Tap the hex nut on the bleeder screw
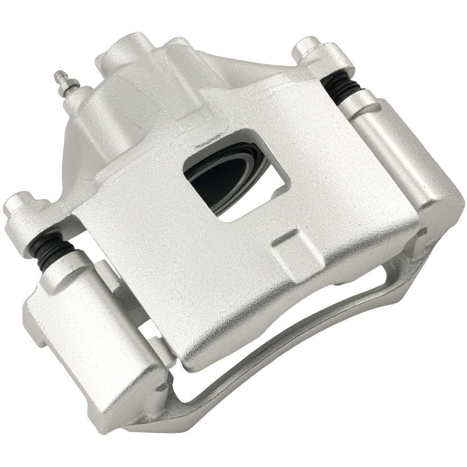[x=70, y=87]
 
